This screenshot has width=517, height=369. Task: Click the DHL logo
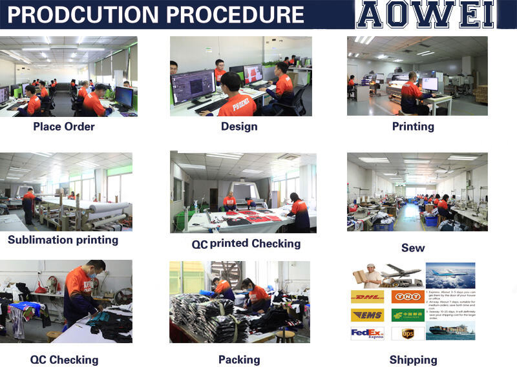[366, 297]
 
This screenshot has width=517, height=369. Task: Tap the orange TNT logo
[408, 297]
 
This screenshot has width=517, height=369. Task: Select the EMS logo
[366, 315]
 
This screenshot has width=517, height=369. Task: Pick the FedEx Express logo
[367, 334]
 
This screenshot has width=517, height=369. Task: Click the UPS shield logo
[407, 334]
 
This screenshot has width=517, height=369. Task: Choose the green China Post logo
[408, 315]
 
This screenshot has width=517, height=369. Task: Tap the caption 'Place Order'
[64, 127]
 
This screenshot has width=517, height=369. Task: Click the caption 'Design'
[239, 127]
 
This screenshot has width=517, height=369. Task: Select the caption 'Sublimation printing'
[63, 240]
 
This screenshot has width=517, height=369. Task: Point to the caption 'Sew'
[413, 248]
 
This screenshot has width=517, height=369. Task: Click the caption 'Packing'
[239, 359]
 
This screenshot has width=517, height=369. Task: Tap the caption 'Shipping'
[413, 360]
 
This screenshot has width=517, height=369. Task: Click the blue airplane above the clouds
[450, 273]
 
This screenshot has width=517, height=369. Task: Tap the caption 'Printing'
[413, 127]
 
